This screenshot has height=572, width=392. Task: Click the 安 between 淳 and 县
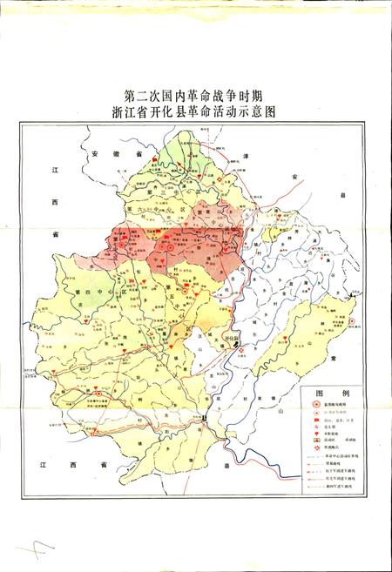[295, 178]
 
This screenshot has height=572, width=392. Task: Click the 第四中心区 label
[91, 293]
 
